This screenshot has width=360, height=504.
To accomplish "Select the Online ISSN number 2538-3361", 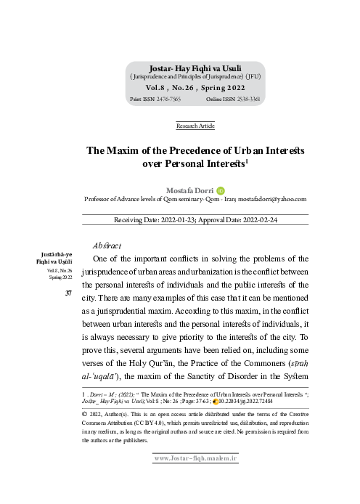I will pos(247,97).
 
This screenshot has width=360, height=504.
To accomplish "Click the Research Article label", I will pos(196,126).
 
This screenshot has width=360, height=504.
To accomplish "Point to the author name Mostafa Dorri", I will pos(189,190).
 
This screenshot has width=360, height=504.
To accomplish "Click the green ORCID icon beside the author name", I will pos(221,190).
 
